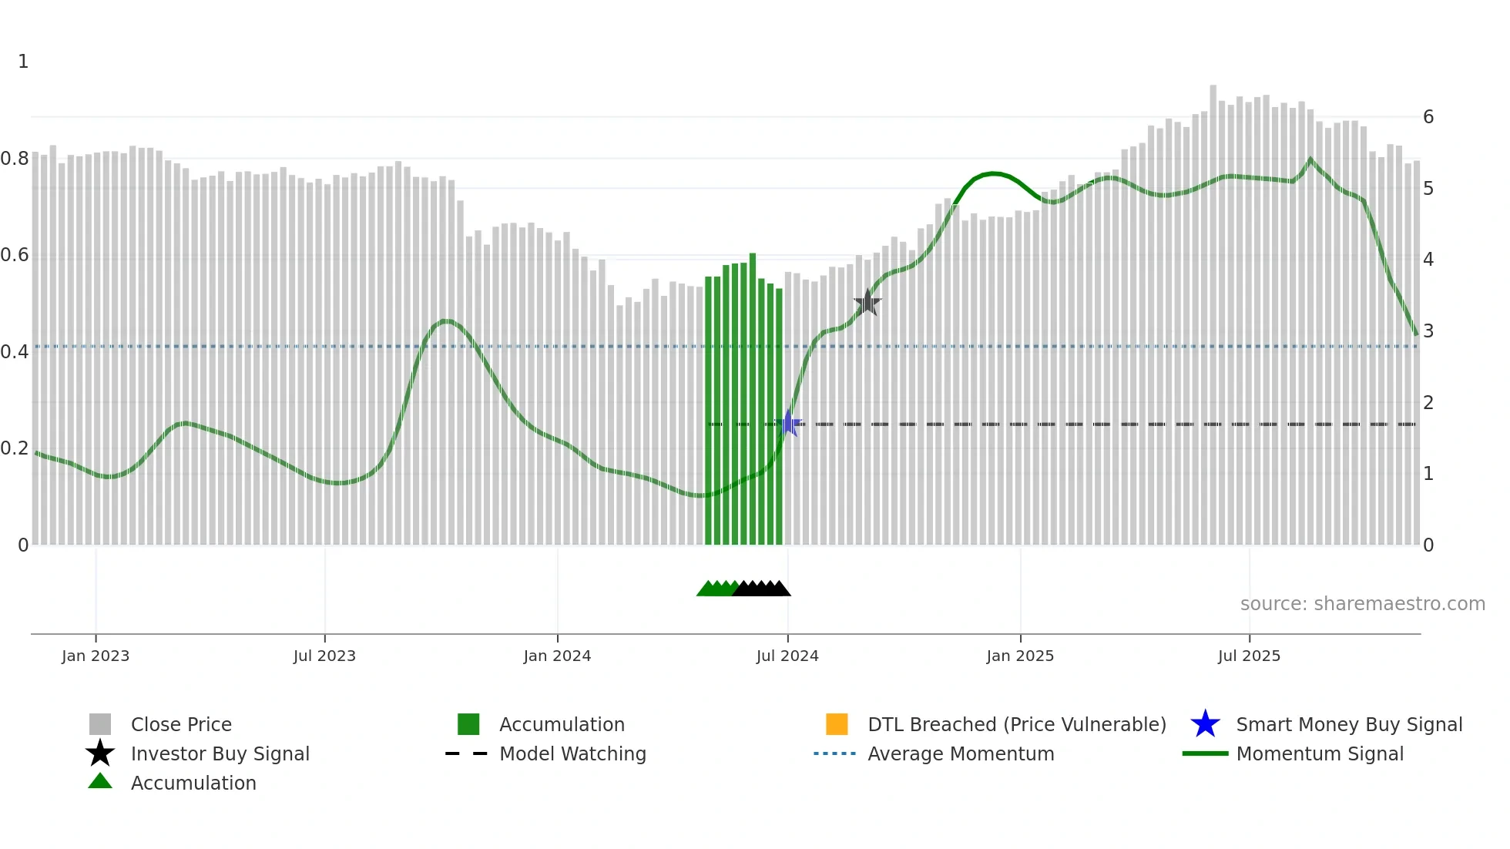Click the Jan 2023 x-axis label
(96, 656)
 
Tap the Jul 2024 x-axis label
(787, 656)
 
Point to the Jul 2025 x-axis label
(1249, 656)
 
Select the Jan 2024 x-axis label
(557, 656)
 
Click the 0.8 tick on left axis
(15, 159)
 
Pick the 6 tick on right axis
(1428, 117)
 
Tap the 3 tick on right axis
(1428, 331)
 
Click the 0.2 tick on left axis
(15, 448)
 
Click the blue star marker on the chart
(788, 424)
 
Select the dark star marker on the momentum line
(867, 303)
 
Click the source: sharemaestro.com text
(1362, 604)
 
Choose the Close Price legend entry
(181, 724)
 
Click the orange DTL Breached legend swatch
(837, 724)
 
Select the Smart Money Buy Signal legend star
(1205, 724)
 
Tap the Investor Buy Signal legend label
(220, 753)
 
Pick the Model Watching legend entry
(572, 753)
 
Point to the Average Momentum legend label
(961, 753)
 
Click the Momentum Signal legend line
(1205, 753)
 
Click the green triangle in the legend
(100, 781)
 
